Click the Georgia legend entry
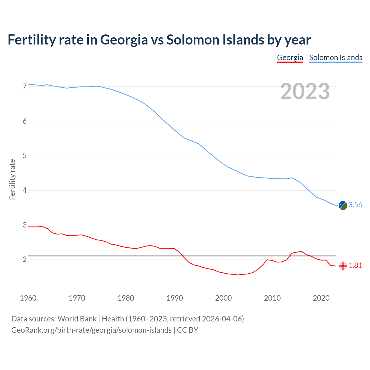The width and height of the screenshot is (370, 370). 290,58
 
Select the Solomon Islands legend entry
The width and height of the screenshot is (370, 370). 336,58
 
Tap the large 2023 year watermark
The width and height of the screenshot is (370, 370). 305,91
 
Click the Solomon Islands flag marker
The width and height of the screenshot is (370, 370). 343,205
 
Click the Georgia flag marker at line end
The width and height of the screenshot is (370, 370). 343,266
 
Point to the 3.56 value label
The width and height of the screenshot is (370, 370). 355,205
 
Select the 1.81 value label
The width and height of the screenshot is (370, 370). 355,266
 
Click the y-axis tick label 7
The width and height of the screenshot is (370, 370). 25,86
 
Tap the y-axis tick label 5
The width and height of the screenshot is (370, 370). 25,156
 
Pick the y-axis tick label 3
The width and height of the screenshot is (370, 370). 25,225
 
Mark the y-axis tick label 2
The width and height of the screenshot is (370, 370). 25,259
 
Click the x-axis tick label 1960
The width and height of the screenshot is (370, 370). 28,298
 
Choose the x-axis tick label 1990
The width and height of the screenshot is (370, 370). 175,298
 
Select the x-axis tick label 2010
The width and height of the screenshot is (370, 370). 272,298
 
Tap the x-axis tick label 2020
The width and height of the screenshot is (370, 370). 321,298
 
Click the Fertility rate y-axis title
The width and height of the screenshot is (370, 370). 12,179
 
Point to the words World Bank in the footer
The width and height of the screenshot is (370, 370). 77,319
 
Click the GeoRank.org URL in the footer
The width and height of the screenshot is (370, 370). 91,330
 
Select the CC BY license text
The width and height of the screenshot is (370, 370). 188,330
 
